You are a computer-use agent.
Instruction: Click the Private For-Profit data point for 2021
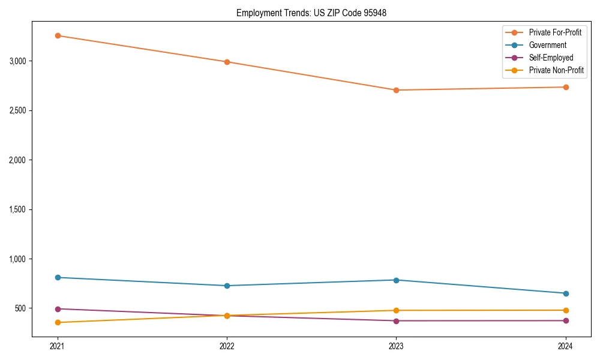(x=58, y=35)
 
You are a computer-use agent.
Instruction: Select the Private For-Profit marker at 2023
(x=396, y=90)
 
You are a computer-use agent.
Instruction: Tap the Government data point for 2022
(x=227, y=286)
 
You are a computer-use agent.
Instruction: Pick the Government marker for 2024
(x=566, y=293)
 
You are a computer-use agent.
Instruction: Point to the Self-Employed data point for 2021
(x=58, y=309)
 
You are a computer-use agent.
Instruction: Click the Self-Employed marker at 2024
(x=566, y=320)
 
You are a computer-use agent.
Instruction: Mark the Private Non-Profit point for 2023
(x=396, y=310)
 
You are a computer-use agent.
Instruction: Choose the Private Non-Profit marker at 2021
(x=58, y=322)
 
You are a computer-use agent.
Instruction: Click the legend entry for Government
(x=547, y=45)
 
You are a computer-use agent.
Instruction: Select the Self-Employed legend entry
(x=551, y=58)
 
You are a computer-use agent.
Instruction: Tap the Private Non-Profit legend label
(x=556, y=70)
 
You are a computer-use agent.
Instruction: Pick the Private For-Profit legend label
(x=555, y=32)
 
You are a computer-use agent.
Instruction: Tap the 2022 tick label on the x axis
(x=227, y=346)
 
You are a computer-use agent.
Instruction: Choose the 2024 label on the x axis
(x=566, y=346)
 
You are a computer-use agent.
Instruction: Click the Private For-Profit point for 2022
(x=227, y=62)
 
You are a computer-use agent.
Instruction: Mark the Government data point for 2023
(x=396, y=280)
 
